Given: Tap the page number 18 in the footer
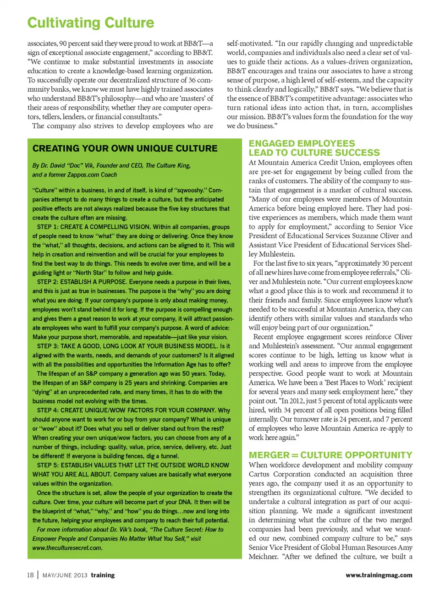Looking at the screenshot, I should coord(30,575).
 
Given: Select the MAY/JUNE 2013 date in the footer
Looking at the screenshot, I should coord(65,575).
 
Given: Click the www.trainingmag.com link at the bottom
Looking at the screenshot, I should coord(379,575).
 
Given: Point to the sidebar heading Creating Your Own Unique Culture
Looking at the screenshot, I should coord(125,148).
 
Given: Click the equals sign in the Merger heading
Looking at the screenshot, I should coord(295,455).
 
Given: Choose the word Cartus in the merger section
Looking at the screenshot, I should coord(260,474).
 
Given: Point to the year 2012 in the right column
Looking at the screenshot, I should coord(294,401).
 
